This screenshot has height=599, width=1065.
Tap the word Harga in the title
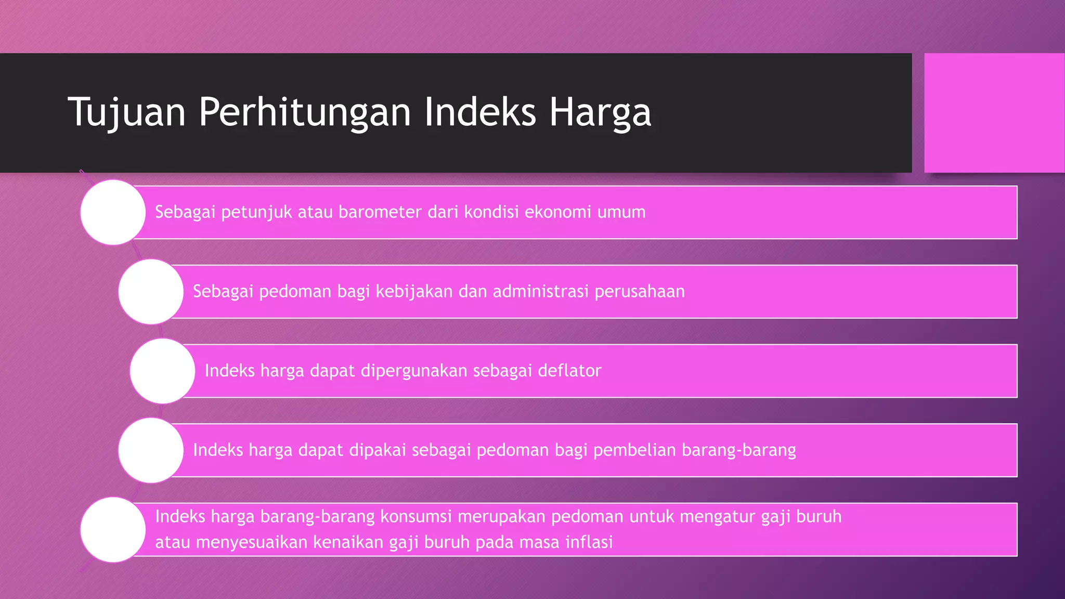(600, 112)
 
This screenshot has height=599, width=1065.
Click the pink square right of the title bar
(994, 113)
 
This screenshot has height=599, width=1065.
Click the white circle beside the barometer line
(113, 212)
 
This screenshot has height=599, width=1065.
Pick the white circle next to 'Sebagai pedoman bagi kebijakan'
(151, 292)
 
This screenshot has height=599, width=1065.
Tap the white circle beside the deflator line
(162, 371)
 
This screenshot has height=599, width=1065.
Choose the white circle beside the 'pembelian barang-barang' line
(151, 450)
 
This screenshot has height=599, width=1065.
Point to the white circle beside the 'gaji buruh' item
(113, 529)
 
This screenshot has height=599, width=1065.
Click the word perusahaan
(640, 292)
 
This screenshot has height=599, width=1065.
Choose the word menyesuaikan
(252, 543)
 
